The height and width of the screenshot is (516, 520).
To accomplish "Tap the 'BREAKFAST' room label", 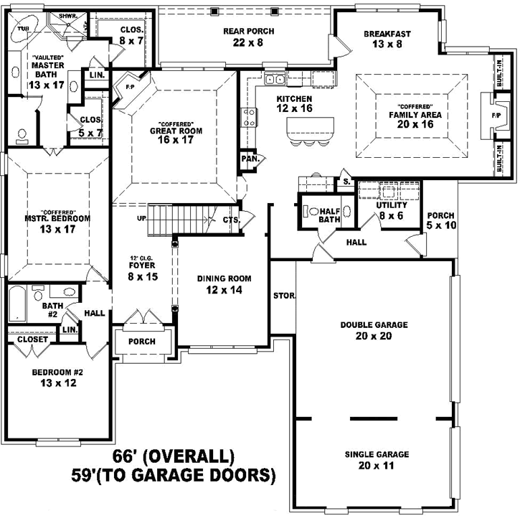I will [x=387, y=33].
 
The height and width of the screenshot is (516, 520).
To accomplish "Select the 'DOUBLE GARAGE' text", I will [x=374, y=325].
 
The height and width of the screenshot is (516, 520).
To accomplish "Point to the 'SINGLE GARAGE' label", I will [x=377, y=454].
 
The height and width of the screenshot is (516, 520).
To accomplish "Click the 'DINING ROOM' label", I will [x=224, y=278].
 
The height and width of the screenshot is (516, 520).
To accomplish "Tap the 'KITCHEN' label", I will [x=294, y=98].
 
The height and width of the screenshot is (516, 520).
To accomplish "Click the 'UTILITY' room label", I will [x=391, y=205].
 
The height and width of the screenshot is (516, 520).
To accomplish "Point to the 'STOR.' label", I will [x=281, y=296].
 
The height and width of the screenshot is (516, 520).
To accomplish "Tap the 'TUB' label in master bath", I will [x=23, y=29].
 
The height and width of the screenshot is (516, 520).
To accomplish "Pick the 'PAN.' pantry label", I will [x=250, y=159].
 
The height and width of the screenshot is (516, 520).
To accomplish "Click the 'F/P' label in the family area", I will [x=496, y=115].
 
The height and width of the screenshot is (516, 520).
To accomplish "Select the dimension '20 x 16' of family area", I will [x=410, y=124].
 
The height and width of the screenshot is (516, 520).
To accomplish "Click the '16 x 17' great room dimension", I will [x=176, y=141].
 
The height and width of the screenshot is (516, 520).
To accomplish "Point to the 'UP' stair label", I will [x=142, y=218].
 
